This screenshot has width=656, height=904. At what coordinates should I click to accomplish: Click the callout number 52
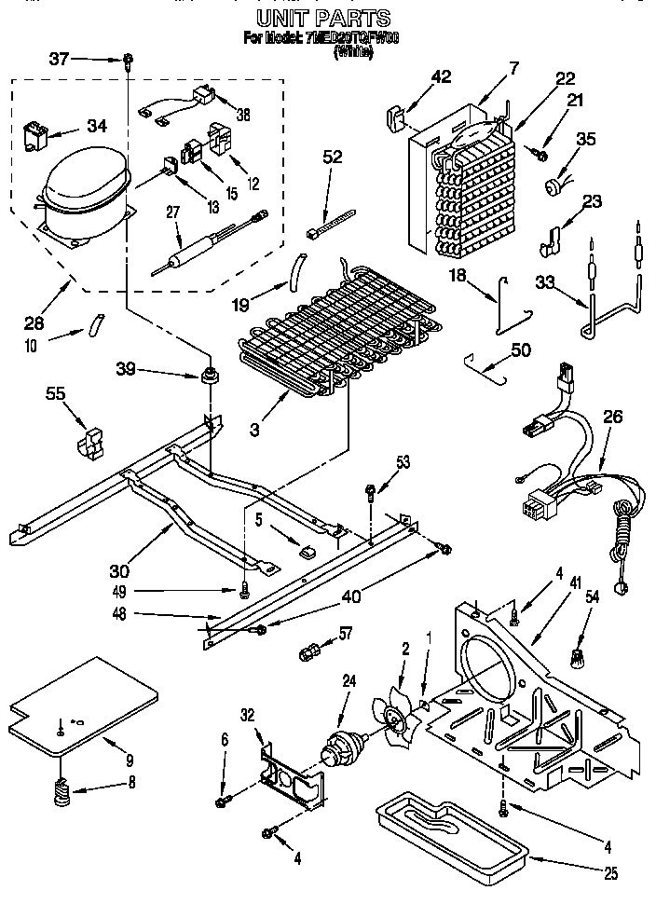[331, 157]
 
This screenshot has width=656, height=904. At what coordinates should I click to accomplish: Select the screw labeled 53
[371, 489]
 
